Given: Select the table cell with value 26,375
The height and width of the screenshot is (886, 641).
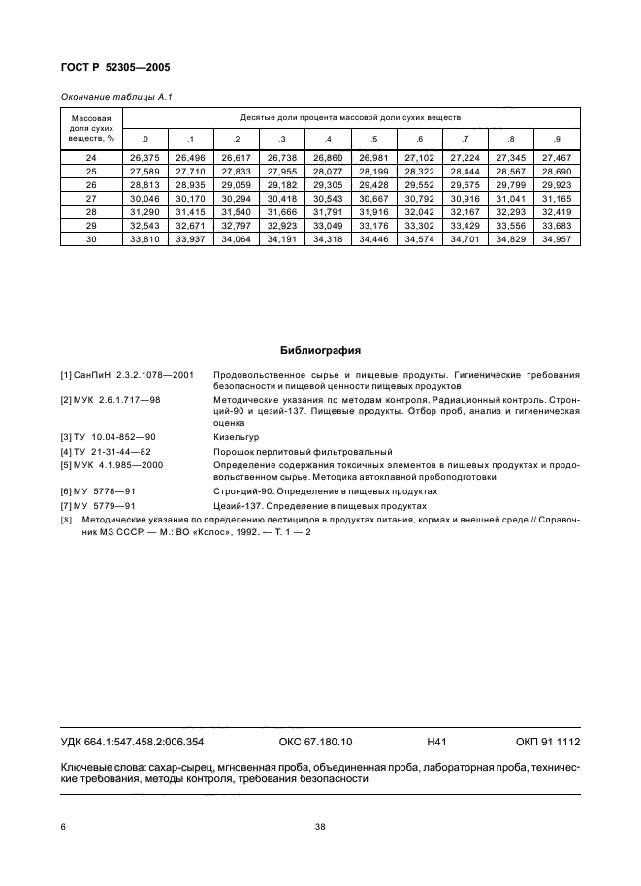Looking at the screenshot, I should click(144, 157).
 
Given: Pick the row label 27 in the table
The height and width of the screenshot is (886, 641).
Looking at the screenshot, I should click(91, 197).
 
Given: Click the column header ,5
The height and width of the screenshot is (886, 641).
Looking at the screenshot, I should click(373, 140).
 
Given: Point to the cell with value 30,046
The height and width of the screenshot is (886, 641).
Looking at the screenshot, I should click(144, 197).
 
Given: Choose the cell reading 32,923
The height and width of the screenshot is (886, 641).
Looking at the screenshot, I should click(281, 224).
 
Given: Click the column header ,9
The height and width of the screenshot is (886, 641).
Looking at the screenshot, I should click(557, 140).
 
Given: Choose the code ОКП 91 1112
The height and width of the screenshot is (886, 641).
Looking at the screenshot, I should click(547, 742).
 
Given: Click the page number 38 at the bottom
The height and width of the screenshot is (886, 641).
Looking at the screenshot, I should click(319, 827).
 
